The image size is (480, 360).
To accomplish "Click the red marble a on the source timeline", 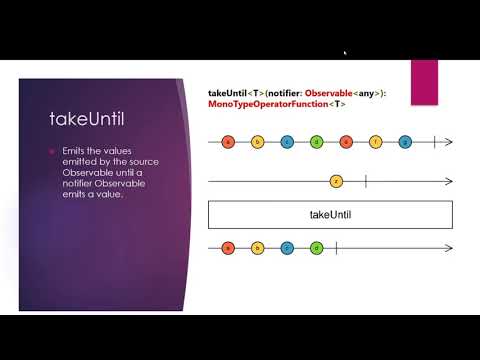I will (x=229, y=142).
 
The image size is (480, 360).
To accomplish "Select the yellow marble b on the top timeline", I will (x=258, y=142).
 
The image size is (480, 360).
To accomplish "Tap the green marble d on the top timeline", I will (x=317, y=142).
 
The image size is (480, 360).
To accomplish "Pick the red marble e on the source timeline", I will (x=346, y=142).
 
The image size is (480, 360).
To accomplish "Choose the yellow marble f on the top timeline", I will (x=376, y=142).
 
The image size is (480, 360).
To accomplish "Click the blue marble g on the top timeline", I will (x=405, y=142).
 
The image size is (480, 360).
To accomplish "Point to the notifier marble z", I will (x=336, y=181).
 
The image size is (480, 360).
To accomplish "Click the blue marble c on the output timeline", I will (x=288, y=247).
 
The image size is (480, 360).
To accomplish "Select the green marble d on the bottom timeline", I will (x=317, y=247).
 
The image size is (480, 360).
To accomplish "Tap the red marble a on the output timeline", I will (x=229, y=247).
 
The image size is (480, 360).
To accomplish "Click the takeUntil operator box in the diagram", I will (x=330, y=215).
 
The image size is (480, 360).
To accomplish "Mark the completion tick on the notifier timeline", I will (x=366, y=181).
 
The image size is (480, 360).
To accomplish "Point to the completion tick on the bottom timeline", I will (x=337, y=247).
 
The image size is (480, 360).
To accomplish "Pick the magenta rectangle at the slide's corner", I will (x=424, y=78).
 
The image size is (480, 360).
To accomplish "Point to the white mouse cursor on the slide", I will (x=345, y=53).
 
